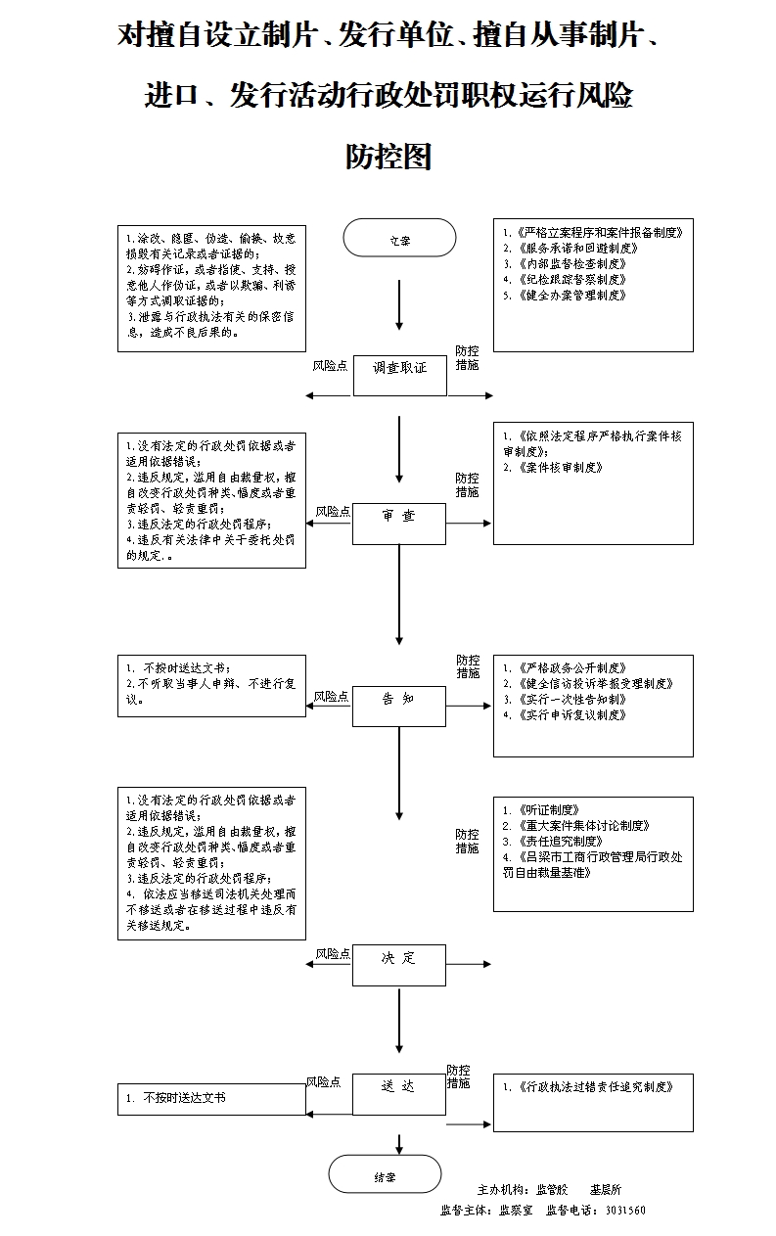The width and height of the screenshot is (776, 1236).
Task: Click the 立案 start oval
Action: tap(399, 238)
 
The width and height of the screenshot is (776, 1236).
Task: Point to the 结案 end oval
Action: tap(385, 1176)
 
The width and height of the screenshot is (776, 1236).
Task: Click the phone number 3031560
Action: tap(625, 1211)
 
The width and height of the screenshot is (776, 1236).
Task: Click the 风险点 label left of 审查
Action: tap(333, 511)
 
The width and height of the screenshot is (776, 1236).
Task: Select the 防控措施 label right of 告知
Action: tap(468, 666)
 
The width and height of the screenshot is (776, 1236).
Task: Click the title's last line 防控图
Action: tap(388, 157)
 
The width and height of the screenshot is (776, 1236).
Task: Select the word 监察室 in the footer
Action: tap(516, 1211)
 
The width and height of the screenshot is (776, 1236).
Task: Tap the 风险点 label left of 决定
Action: tap(333, 953)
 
